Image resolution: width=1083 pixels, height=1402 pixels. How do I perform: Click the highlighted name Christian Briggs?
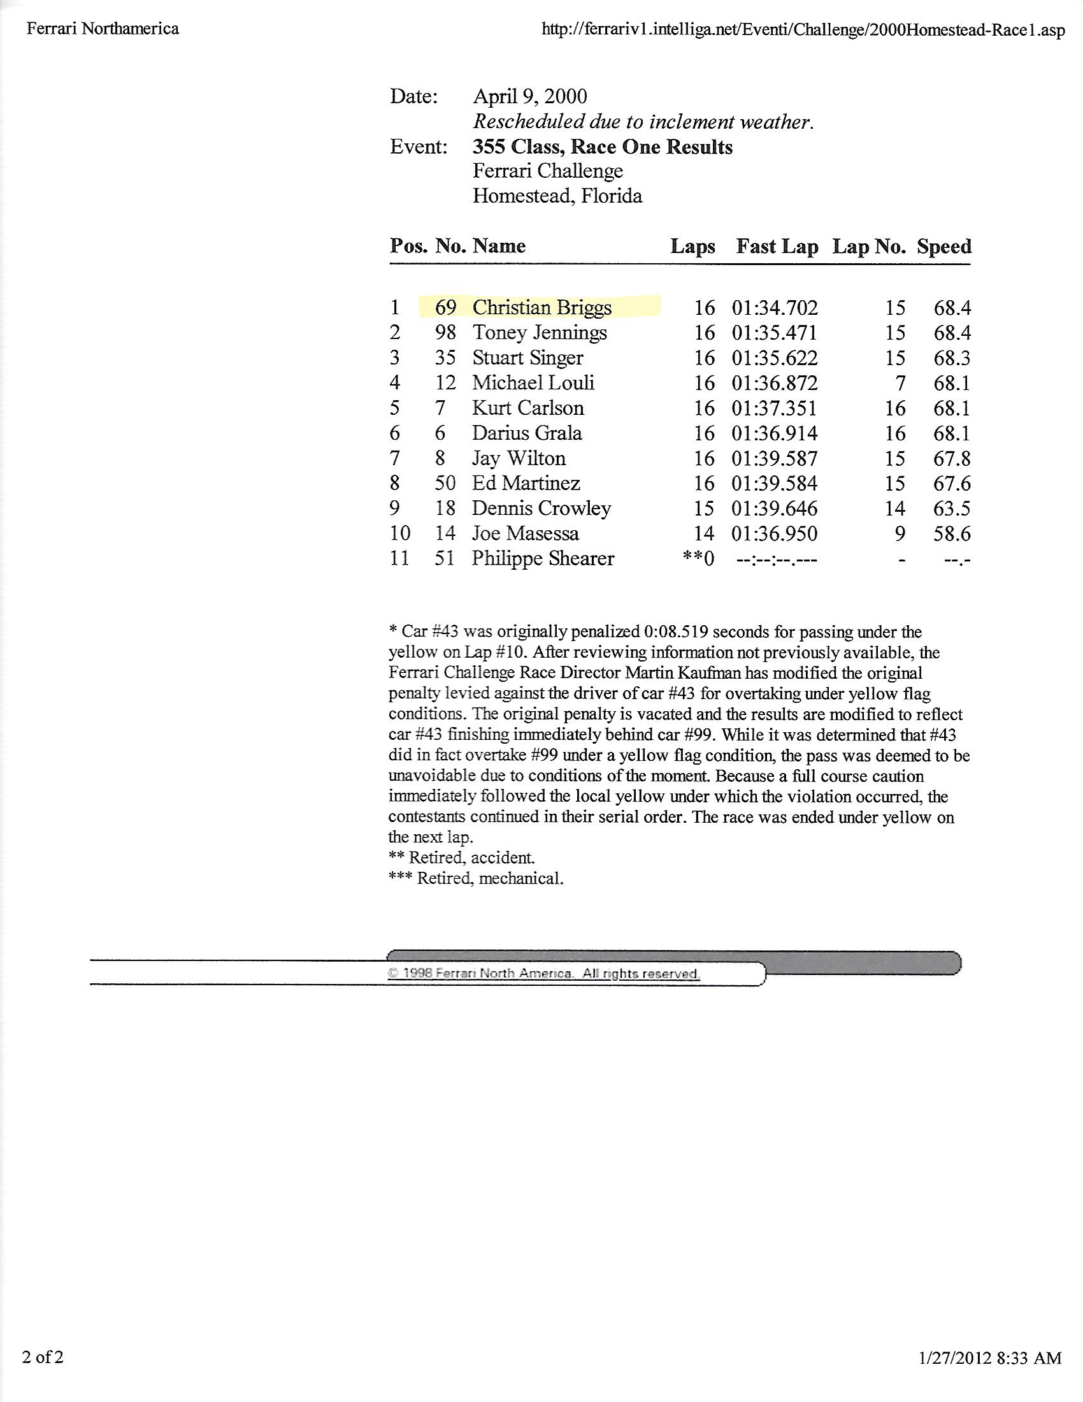point(541,308)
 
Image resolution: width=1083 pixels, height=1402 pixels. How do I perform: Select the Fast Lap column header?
point(777,247)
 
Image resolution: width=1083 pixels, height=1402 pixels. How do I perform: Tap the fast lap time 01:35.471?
point(775,333)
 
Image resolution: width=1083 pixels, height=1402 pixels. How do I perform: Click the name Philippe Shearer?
point(543,558)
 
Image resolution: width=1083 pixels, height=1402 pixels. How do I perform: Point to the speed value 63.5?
point(952,509)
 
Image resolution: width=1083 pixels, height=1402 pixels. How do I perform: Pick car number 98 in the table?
point(445,333)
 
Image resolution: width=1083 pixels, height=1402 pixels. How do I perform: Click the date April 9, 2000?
point(530,96)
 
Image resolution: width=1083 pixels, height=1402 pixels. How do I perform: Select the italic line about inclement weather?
point(643,121)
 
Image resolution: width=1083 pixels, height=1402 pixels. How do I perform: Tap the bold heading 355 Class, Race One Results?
point(603,147)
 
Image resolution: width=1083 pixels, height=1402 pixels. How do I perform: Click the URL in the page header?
point(803,29)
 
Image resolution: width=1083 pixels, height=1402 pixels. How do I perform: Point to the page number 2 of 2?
point(43,1357)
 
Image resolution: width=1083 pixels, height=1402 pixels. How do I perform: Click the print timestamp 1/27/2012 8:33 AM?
point(989,1357)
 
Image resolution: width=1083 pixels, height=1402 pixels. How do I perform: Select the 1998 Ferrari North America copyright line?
point(543,973)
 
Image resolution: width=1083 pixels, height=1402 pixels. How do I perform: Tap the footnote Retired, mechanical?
point(476,878)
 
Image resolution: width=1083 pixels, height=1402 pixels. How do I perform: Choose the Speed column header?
point(943,247)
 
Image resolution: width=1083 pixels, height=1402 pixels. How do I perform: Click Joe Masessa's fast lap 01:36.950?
point(775,533)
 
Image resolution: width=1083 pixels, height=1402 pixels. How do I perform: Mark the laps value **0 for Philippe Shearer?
point(699,558)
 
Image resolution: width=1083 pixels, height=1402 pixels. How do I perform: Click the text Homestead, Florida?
point(557,196)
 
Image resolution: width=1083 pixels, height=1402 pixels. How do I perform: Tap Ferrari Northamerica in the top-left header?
point(103,29)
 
